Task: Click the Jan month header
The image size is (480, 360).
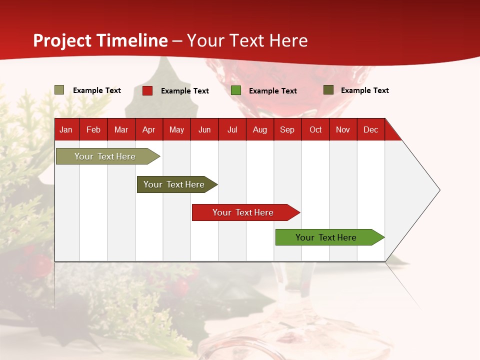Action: coord(66,129)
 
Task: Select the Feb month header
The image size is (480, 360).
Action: coord(93,129)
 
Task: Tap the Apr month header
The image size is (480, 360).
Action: coord(148,129)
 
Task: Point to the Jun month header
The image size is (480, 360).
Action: coord(204,129)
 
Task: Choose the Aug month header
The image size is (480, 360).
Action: coord(260,129)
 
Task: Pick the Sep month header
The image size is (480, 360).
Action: coord(287,129)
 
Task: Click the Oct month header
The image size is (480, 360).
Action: coord(315,129)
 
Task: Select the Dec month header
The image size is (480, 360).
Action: coord(370,129)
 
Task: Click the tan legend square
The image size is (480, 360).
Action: coord(59,90)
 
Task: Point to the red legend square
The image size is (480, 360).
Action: coord(147,90)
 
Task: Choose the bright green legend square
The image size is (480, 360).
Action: coord(236,90)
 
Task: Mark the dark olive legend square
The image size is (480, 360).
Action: coord(328,90)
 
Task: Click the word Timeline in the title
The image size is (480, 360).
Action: coord(132,40)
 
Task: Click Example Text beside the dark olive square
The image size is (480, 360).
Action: coord(364,90)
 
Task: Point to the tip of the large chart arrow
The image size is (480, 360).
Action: coord(438,190)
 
